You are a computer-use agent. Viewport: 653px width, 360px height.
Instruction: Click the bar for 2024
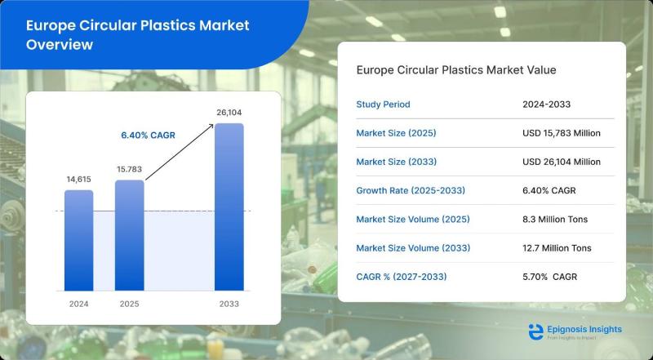(x=78, y=241)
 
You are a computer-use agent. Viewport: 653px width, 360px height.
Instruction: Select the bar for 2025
(x=130, y=235)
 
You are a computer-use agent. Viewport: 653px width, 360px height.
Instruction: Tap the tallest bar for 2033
(x=229, y=207)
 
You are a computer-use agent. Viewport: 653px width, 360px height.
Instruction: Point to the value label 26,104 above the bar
(x=229, y=113)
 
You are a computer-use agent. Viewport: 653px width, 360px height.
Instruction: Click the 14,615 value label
(x=78, y=179)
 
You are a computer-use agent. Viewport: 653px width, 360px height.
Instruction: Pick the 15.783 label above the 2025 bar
(x=130, y=169)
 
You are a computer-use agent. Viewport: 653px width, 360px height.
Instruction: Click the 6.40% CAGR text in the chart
(x=149, y=136)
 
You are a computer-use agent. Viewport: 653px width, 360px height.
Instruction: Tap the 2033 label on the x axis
(x=229, y=304)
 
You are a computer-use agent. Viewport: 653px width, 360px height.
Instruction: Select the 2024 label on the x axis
(x=78, y=304)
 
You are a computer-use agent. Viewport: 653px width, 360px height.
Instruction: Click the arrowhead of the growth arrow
(x=211, y=126)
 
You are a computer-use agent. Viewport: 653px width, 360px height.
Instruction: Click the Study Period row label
(x=383, y=104)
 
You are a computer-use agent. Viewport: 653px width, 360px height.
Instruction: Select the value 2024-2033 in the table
(x=546, y=104)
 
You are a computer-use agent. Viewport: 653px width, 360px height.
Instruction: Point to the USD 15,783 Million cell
(x=562, y=133)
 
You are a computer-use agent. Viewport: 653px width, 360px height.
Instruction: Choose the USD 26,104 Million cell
(x=562, y=162)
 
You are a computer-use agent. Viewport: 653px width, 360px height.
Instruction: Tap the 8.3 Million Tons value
(x=555, y=219)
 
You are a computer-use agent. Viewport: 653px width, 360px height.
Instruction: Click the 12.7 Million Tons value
(x=557, y=248)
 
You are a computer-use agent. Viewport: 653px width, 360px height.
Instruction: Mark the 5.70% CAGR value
(x=549, y=277)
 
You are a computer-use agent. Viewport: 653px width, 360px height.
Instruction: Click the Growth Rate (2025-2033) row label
(x=411, y=190)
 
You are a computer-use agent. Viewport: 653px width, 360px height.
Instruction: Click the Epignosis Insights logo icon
(x=536, y=331)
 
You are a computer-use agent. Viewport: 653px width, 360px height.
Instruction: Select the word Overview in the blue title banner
(x=60, y=44)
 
